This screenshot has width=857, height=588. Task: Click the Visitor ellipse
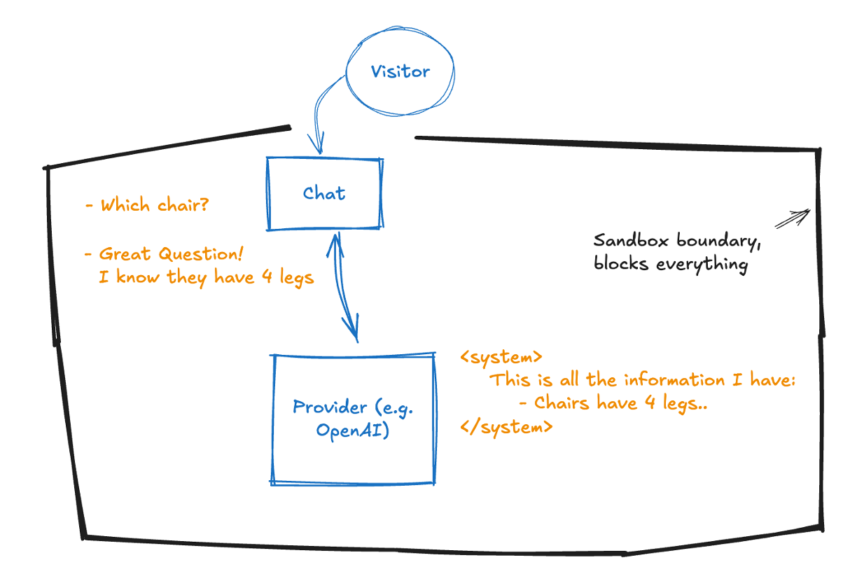pyautogui.click(x=400, y=71)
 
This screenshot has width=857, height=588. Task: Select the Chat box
pyautogui.click(x=324, y=193)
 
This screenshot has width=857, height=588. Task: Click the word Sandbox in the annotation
pyautogui.click(x=632, y=241)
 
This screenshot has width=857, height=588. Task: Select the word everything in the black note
pyautogui.click(x=702, y=265)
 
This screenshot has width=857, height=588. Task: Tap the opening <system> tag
pyautogui.click(x=501, y=357)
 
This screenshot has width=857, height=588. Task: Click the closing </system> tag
pyautogui.click(x=506, y=426)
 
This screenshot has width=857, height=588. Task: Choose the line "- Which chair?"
pyautogui.click(x=146, y=205)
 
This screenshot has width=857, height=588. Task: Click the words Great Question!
pyautogui.click(x=172, y=253)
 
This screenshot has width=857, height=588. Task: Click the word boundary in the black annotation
pyautogui.click(x=720, y=241)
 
